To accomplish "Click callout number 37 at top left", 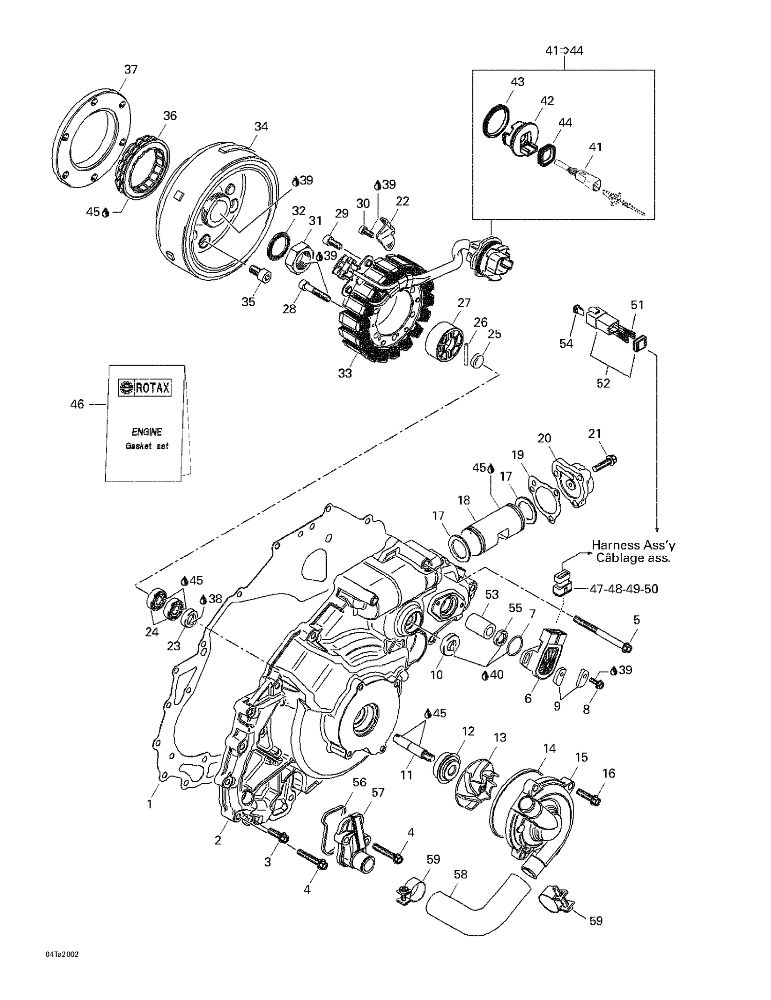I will click(131, 69).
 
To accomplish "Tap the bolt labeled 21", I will click(605, 463).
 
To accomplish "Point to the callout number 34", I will click(261, 126).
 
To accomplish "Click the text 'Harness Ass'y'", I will click(633, 545).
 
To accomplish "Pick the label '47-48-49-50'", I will click(623, 589).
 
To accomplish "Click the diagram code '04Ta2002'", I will click(62, 954).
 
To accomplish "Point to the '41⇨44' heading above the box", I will click(564, 51).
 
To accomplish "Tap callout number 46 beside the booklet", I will click(77, 405).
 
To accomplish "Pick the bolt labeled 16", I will click(589, 797).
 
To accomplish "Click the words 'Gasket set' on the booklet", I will click(147, 446).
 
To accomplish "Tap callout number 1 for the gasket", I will click(150, 804).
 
